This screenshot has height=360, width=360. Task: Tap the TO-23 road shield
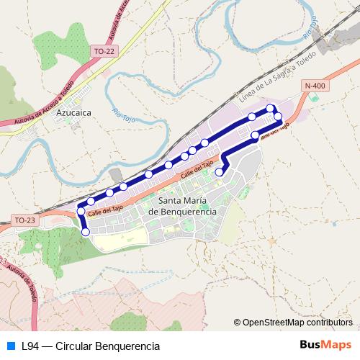tap(24, 220)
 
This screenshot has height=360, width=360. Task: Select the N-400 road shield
tap(315, 86)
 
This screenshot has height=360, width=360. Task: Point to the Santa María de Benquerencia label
tap(181, 207)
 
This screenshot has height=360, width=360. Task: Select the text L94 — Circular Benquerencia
tap(90, 346)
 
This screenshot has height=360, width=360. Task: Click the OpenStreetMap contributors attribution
tap(296, 323)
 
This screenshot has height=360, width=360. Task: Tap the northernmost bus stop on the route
tap(271, 108)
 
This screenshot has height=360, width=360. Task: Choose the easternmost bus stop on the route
tap(278, 116)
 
